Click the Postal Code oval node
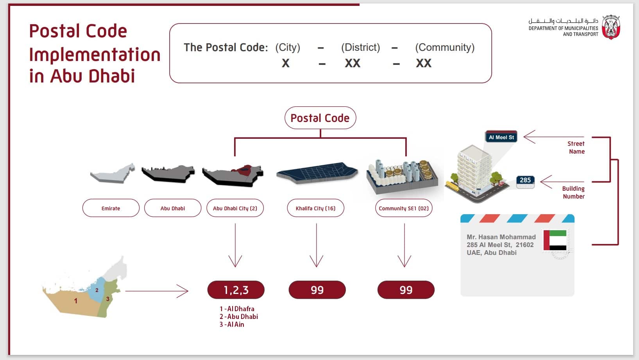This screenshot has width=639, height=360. [x=320, y=118]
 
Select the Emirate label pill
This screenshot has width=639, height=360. [x=111, y=208]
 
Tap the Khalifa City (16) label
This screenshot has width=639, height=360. [x=315, y=208]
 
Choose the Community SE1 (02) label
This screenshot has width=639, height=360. [x=403, y=208]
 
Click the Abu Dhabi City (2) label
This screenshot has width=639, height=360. [x=235, y=208]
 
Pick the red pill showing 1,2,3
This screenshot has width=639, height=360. [x=236, y=290]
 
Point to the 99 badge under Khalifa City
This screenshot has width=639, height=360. [x=317, y=290]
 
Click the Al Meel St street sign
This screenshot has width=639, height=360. [x=501, y=137]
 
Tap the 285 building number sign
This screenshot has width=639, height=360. [x=525, y=180]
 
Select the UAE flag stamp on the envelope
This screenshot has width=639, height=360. [x=555, y=240]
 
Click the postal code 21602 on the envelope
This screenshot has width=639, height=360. [x=524, y=245]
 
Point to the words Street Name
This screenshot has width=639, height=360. [x=576, y=148]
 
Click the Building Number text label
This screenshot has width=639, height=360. [x=573, y=192]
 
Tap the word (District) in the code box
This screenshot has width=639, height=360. [x=360, y=47]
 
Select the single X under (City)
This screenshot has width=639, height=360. [x=286, y=63]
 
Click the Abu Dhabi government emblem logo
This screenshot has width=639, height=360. [x=610, y=27]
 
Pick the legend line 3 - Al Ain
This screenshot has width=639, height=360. [x=232, y=324]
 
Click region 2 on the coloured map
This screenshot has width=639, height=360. [x=97, y=290]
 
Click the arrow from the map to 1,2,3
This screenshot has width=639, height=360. [x=156, y=291]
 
